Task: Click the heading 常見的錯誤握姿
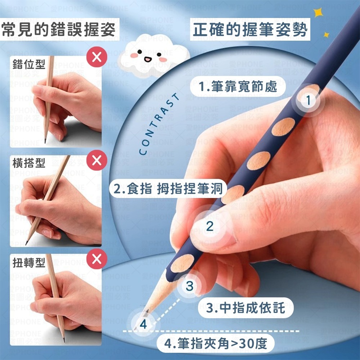pos(59,30)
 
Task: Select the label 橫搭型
pos(29,163)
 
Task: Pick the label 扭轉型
pos(29,262)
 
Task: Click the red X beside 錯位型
pos(96,57)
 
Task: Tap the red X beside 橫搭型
pos(96,160)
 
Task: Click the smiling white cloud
pos(153,56)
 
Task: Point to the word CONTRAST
pos(159,125)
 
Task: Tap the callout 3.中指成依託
pos(246,308)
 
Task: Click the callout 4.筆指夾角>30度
pos(215,344)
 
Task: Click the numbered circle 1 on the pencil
pos(308,100)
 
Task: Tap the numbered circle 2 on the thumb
pos(210,226)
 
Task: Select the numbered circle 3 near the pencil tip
pos(190,286)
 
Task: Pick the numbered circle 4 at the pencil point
pos(143,324)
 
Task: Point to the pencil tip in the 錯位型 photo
pos(45,141)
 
